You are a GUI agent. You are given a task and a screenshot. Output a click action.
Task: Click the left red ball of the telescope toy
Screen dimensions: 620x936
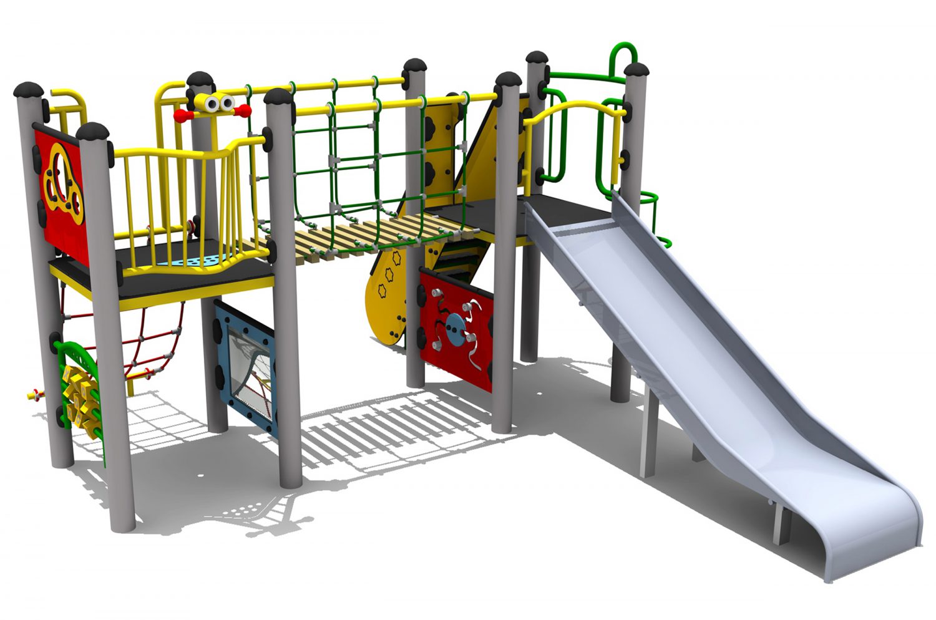click(x=180, y=115)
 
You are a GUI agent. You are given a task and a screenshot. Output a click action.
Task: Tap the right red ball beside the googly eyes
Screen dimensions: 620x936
click(x=246, y=111)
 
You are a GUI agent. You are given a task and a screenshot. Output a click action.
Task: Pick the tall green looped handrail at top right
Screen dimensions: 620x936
click(x=620, y=56)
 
